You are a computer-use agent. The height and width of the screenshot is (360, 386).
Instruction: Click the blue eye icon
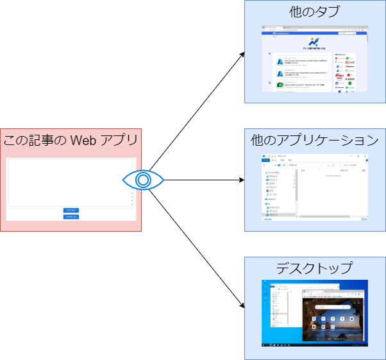tap(143, 180)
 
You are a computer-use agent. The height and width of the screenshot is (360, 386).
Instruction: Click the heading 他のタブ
tap(315, 12)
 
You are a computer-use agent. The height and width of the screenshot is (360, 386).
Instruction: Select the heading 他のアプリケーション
tap(315, 139)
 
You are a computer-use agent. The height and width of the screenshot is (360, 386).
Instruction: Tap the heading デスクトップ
tap(315, 268)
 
